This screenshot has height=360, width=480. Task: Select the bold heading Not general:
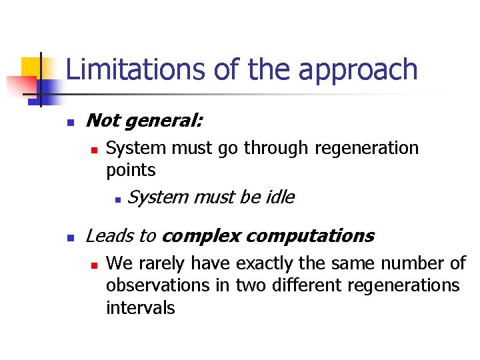point(145,121)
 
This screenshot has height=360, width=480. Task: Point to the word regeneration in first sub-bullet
point(366,148)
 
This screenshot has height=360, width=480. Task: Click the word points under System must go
point(131,170)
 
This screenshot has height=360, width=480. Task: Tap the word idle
point(279,197)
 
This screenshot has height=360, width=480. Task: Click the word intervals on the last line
point(140,307)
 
